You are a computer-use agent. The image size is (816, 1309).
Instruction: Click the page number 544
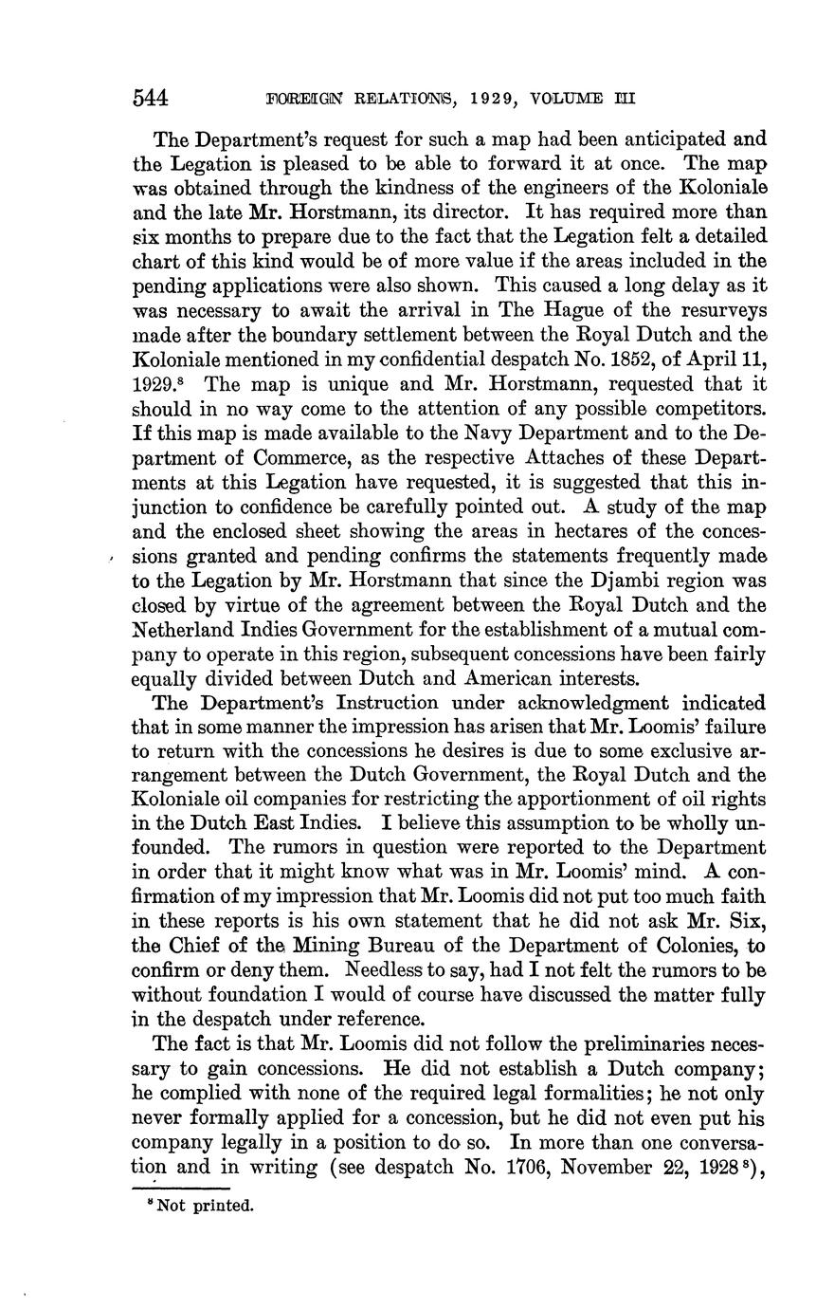151,98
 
